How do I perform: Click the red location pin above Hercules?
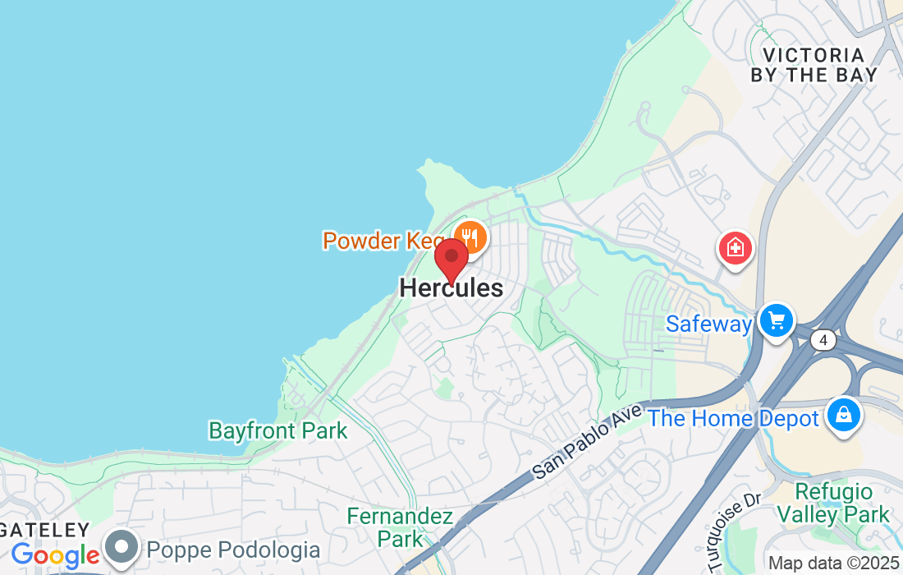tap(451, 259)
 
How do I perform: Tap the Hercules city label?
tap(451, 288)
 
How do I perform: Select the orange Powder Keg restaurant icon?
tap(470, 238)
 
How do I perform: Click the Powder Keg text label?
tap(384, 241)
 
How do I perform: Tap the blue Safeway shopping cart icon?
tap(776, 320)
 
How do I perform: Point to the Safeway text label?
tap(708, 324)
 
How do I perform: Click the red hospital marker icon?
tap(736, 247)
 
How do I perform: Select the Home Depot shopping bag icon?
tap(843, 414)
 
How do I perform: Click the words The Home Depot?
tap(733, 419)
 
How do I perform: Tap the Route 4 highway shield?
tap(824, 339)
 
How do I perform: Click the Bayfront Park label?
tap(277, 430)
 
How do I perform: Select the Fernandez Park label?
tap(400, 527)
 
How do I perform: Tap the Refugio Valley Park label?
tap(834, 504)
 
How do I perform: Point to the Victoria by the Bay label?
tap(814, 65)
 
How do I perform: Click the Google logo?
tap(55, 556)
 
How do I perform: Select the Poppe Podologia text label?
tap(233, 550)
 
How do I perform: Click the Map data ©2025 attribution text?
tap(833, 563)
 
